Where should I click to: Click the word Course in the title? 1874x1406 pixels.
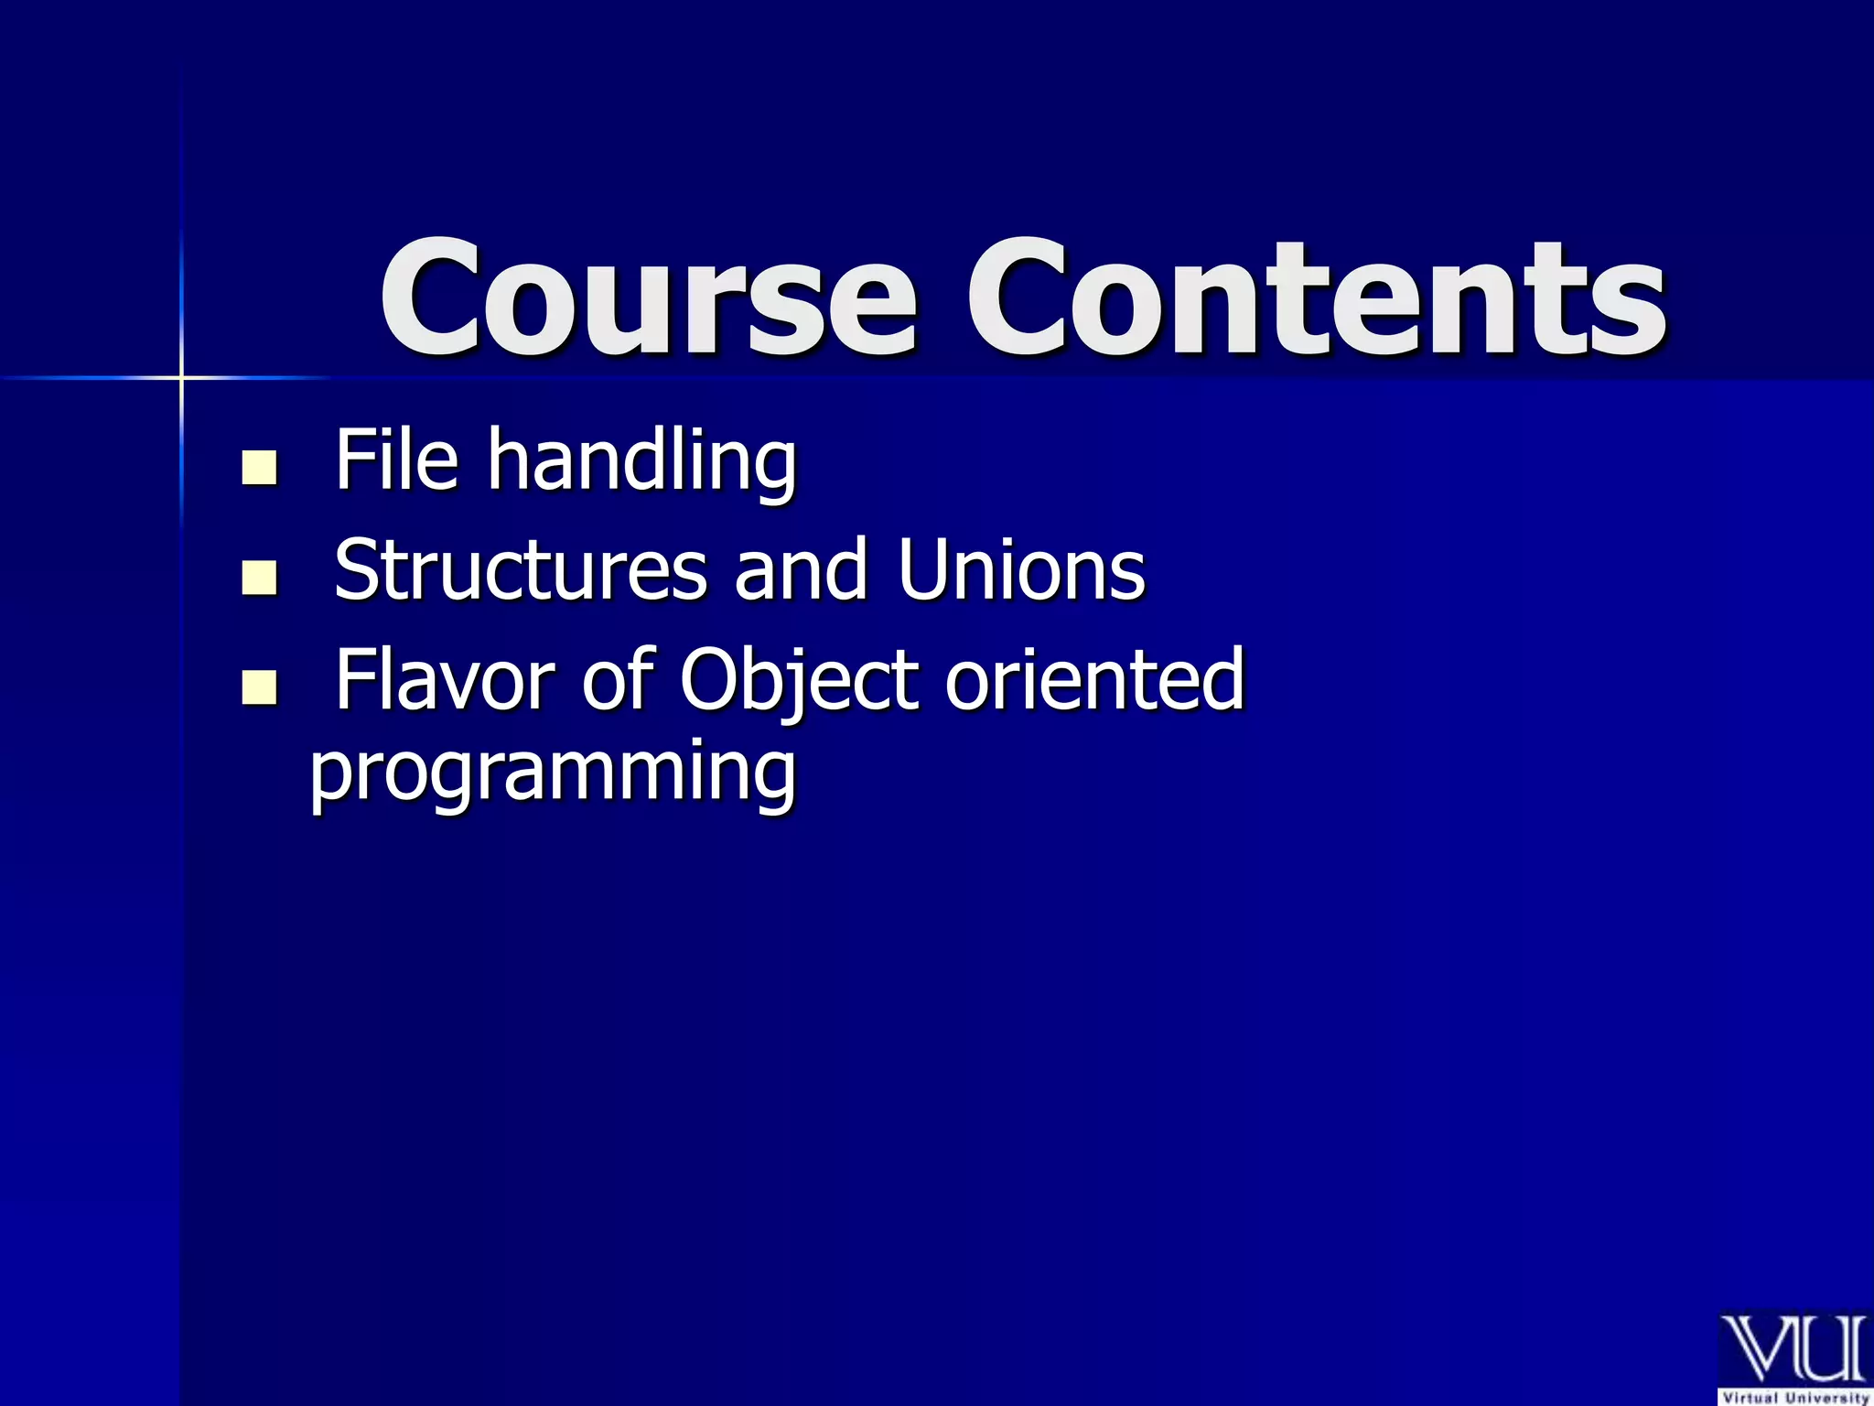pyautogui.click(x=648, y=297)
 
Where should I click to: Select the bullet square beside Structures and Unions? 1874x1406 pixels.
pyautogui.click(x=259, y=578)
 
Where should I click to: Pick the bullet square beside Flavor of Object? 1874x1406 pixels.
pyautogui.click(x=259, y=687)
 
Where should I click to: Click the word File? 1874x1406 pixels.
pyautogui.click(x=396, y=460)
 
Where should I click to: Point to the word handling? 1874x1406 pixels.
pyautogui.click(x=641, y=462)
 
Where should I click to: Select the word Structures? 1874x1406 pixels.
pyautogui.click(x=520, y=570)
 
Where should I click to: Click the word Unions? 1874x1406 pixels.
pyautogui.click(x=1021, y=569)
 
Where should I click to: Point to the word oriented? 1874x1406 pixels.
pyautogui.click(x=1094, y=679)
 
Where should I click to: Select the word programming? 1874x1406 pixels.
pyautogui.click(x=553, y=774)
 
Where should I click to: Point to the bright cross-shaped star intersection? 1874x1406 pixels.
pyautogui.click(x=181, y=377)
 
